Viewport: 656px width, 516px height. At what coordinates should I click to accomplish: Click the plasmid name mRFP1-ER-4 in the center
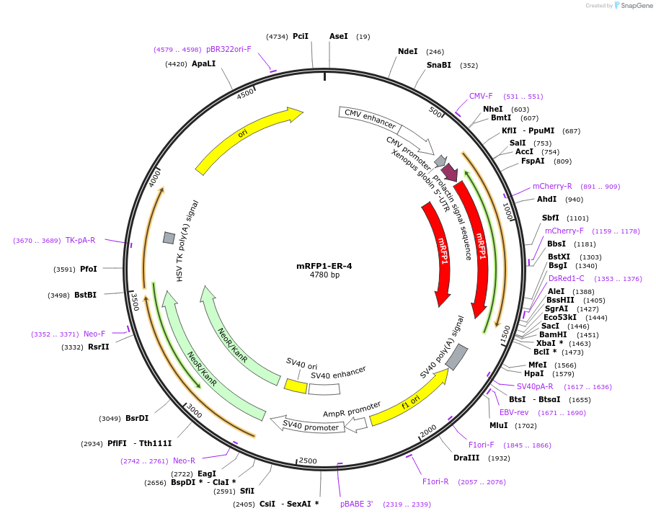click(x=324, y=265)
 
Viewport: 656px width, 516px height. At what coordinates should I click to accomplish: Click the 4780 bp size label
click(x=324, y=275)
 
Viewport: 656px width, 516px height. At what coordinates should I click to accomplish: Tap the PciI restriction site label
click(x=301, y=36)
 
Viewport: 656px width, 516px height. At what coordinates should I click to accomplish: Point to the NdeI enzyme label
click(x=407, y=51)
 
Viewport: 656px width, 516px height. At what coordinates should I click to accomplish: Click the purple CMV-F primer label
click(x=481, y=96)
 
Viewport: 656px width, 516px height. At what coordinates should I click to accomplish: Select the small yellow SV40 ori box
click(x=296, y=386)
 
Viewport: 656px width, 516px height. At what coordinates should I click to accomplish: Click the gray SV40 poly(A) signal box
click(x=456, y=357)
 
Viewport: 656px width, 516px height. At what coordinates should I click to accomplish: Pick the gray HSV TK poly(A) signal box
click(x=169, y=238)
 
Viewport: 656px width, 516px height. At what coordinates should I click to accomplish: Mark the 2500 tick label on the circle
click(x=308, y=461)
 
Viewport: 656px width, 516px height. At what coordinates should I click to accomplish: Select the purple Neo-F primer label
click(x=94, y=334)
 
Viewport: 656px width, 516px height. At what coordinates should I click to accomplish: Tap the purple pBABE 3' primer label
click(x=357, y=504)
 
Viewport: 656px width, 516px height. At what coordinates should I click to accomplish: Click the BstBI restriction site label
click(x=85, y=295)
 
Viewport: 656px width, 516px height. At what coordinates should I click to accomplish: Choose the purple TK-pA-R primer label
click(x=80, y=240)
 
